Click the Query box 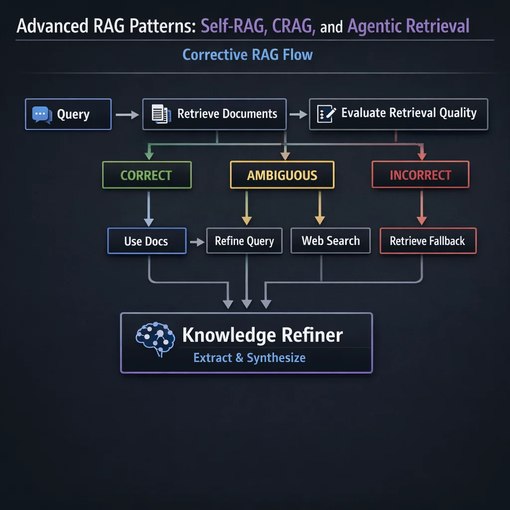pos(68,115)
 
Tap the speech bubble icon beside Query pos(41,115)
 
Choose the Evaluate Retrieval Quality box pos(398,114)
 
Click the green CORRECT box pos(147,175)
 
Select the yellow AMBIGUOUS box pos(282,175)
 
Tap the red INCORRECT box pos(420,175)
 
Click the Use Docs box pos(146,241)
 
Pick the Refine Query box pos(244,241)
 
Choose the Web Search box pos(330,241)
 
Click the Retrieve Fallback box pos(427,241)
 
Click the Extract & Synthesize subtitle pos(249,358)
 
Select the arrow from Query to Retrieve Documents pos(127,115)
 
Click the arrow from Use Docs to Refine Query pos(197,242)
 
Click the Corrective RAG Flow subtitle pos(248,54)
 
